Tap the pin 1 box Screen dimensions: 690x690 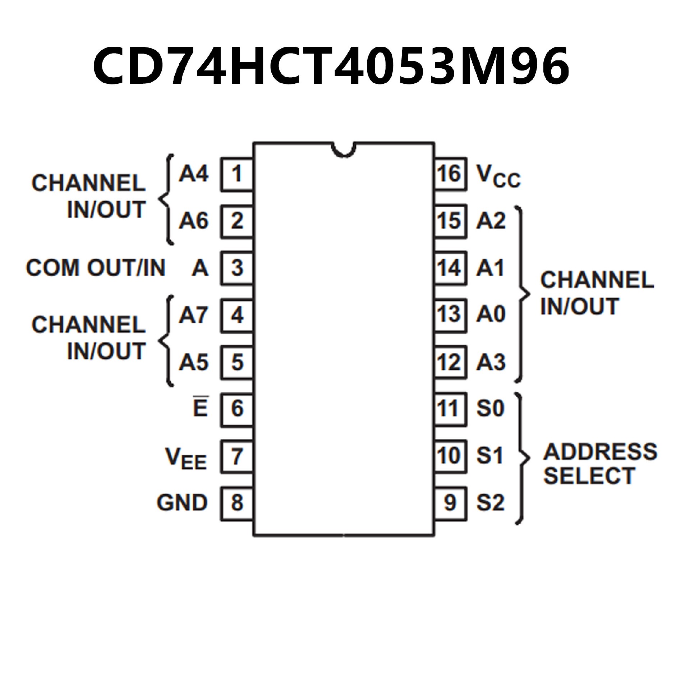tap(236, 174)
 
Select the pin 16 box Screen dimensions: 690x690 tap(450, 174)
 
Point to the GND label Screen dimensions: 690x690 tap(182, 502)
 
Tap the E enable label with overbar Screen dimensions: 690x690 tap(200, 408)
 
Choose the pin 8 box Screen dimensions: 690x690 tap(236, 502)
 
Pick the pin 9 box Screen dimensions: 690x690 tap(450, 502)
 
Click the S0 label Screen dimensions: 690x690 tap(491, 408)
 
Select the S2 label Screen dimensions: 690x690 tap(491, 502)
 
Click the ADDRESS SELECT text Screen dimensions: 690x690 tap(599, 464)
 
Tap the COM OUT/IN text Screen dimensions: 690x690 tap(96, 268)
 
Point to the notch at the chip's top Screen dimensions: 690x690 tap(344, 150)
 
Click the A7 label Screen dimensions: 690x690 tap(193, 315)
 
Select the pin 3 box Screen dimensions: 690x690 tap(236, 268)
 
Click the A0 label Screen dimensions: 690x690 tap(491, 314)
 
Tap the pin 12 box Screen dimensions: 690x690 tap(450, 362)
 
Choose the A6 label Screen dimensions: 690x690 tap(193, 221)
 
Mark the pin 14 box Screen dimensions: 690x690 tap(450, 268)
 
